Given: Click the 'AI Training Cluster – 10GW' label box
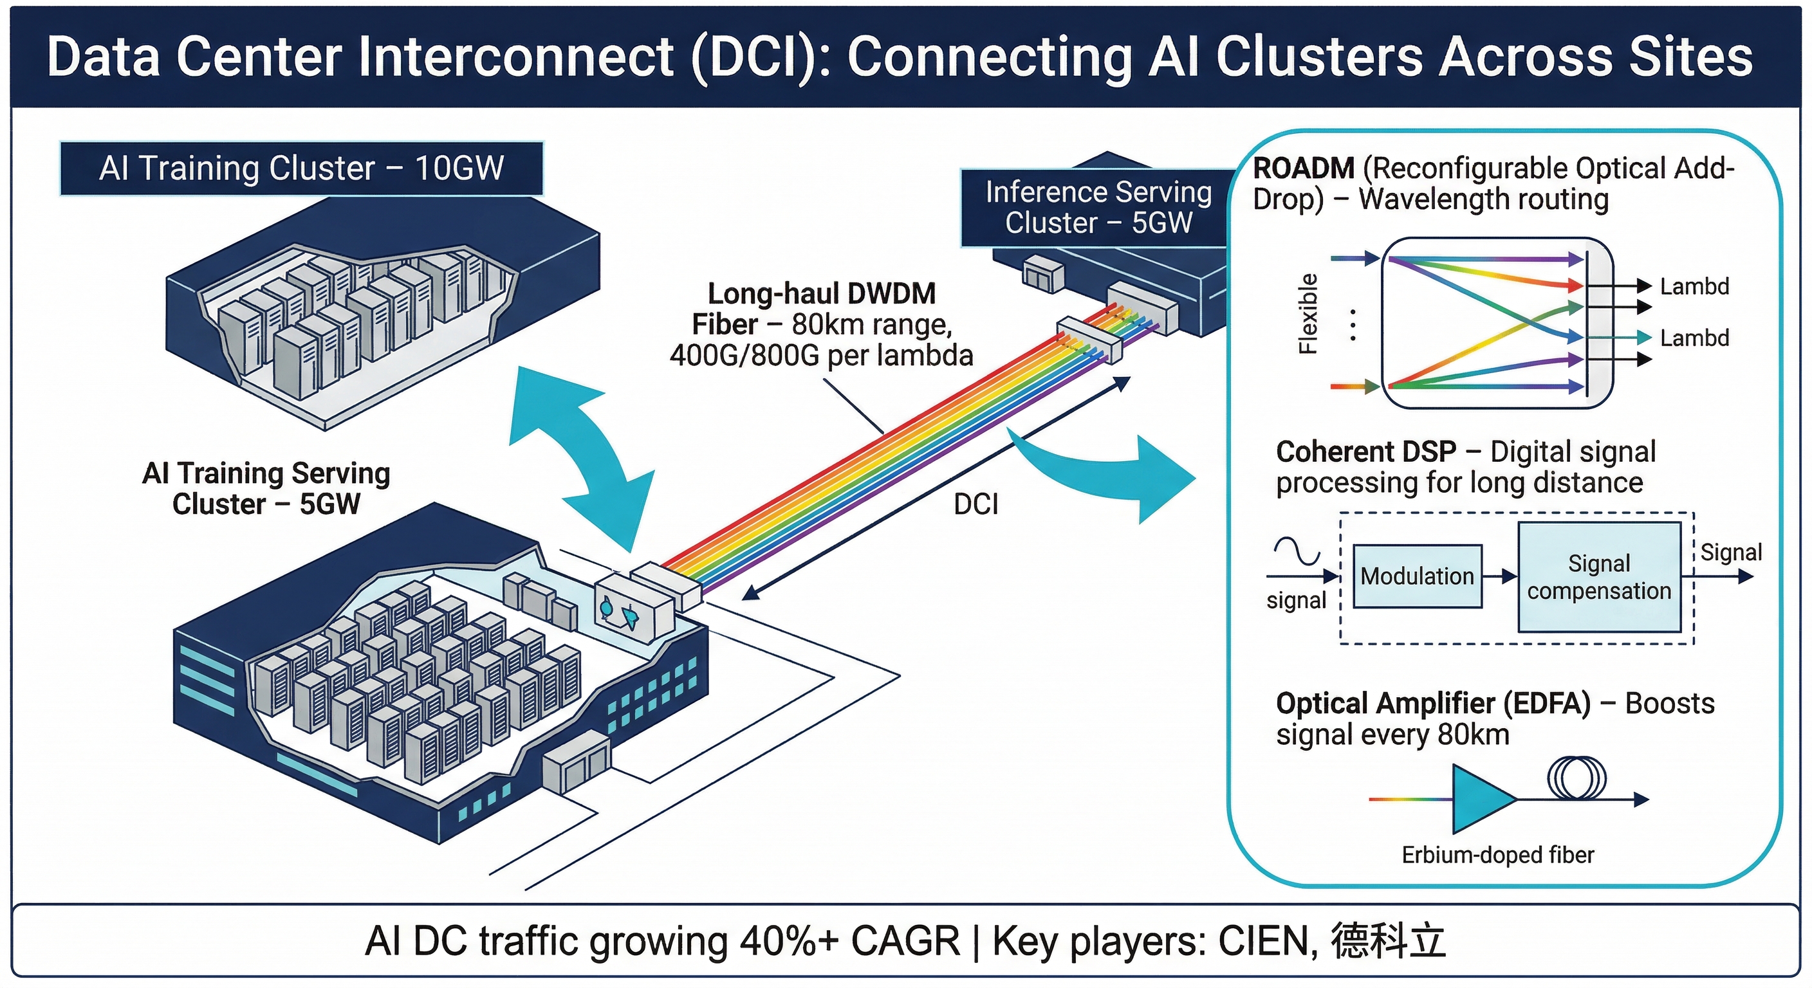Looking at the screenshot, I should pos(301,169).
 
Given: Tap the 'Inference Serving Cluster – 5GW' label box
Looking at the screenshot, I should pos(1097,208).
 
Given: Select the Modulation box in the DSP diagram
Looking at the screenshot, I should pos(1417,576).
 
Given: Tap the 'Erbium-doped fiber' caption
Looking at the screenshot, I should pos(1497,855).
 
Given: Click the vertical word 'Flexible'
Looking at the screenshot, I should pos(1308,314).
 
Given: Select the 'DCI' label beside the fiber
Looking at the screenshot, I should pos(975,504).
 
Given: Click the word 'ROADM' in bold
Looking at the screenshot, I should pos(1304,169).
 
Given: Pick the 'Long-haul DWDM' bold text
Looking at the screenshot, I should pos(822,293).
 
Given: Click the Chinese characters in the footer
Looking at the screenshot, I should pos(1388,941).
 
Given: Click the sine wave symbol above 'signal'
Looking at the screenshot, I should pos(1297,551).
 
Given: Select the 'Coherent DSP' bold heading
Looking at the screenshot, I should pos(1365,452).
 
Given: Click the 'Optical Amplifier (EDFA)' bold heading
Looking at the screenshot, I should pos(1433,703).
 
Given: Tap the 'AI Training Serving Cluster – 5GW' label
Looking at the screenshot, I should pos(266,489).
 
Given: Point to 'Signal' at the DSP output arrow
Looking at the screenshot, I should pos(1730,553).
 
